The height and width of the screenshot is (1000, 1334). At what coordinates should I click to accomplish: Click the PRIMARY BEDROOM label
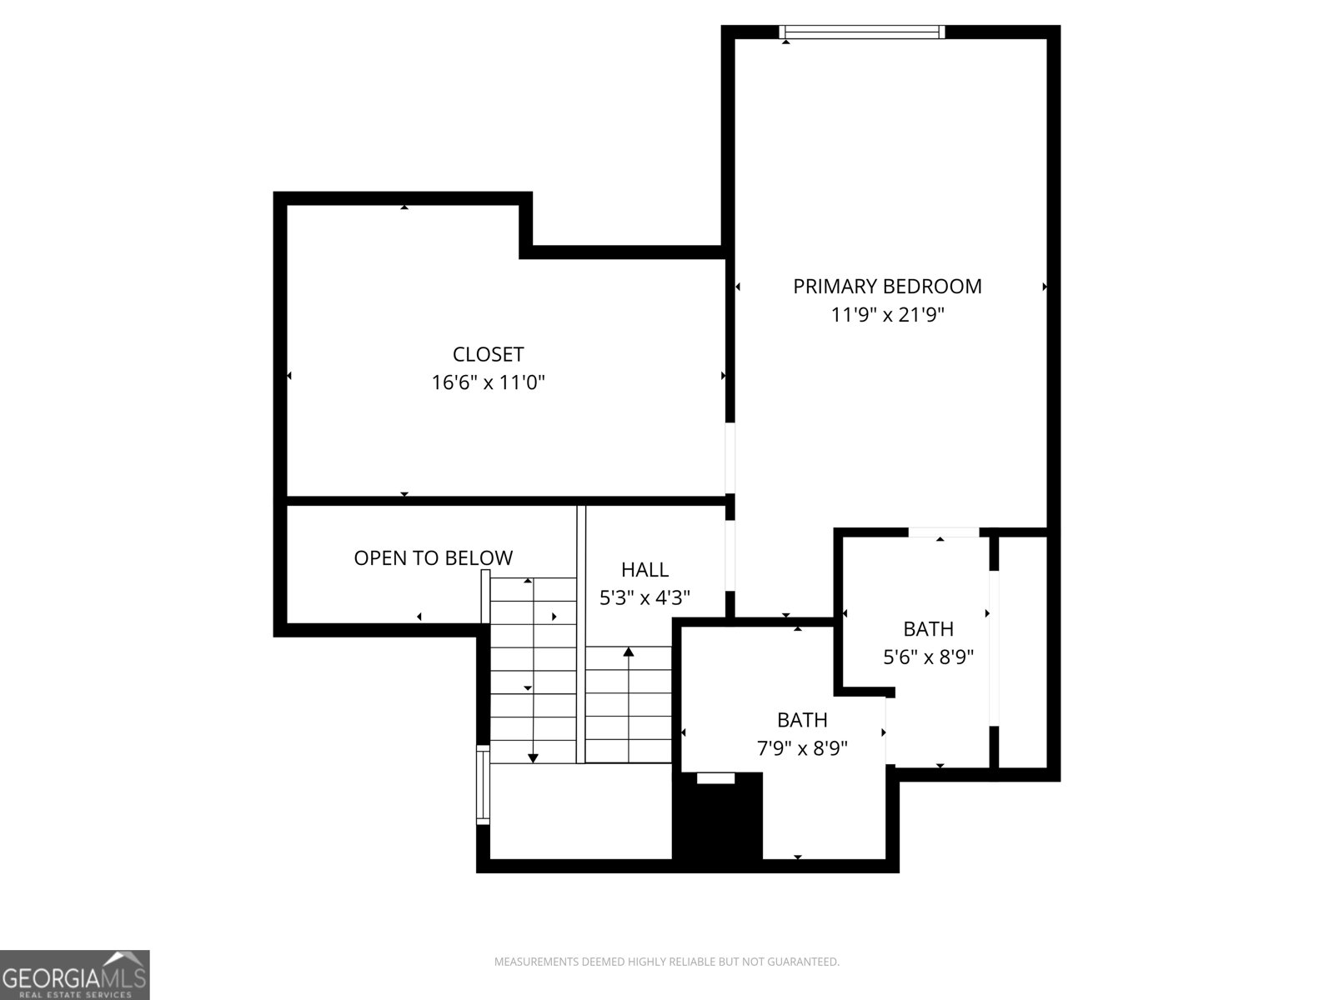coord(887,287)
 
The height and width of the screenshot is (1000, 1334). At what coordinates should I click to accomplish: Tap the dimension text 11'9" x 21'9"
coord(887,315)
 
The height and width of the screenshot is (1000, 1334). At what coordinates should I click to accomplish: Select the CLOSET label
coord(488,355)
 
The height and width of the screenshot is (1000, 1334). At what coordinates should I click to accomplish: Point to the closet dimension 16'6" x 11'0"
coord(488,383)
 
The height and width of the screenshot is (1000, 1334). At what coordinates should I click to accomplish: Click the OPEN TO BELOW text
coord(433,558)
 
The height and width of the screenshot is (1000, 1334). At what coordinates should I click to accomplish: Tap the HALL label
coord(644,570)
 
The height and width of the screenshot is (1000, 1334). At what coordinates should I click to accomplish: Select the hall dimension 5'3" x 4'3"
coord(644,598)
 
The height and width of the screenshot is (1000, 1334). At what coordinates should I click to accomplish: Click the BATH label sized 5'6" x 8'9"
coord(928,629)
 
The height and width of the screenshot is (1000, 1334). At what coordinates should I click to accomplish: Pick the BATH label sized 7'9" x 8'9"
coord(802,720)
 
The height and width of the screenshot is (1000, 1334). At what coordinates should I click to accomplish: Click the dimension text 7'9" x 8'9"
coord(802,748)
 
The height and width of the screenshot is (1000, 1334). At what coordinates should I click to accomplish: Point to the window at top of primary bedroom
coord(862,32)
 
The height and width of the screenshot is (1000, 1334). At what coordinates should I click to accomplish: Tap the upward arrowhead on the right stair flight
coord(628,652)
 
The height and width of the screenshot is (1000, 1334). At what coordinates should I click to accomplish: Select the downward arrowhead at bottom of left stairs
coord(533,757)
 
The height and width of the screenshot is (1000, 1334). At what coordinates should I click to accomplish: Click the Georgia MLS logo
coord(74,974)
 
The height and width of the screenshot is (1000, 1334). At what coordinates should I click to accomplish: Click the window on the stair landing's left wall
coord(483,785)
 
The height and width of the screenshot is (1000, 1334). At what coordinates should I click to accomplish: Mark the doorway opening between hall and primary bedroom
coord(730,554)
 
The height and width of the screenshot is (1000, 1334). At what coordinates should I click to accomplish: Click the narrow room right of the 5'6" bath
coord(1022,650)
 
